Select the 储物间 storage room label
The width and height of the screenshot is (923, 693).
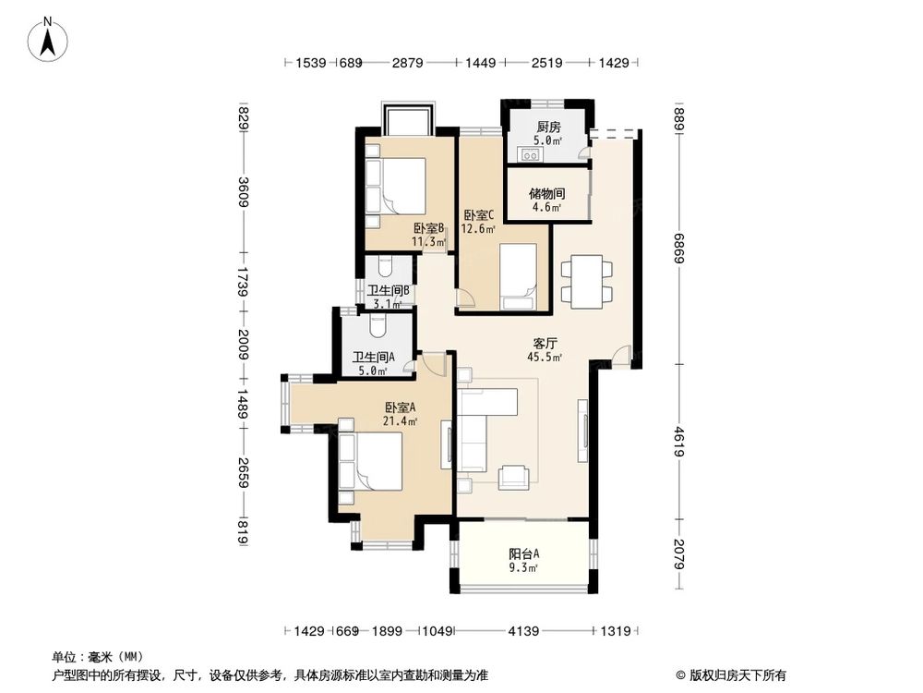[x=547, y=201]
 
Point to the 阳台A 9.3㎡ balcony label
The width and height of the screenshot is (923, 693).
[x=523, y=560]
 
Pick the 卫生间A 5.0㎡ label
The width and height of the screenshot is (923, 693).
[x=374, y=363]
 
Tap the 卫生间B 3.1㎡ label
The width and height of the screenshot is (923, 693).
[x=388, y=297]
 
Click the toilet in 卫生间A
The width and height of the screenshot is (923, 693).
[x=377, y=325]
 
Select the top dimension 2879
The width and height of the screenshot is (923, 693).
[x=407, y=63]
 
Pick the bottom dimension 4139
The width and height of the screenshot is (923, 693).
[x=522, y=631]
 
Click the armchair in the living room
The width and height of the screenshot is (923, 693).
[x=514, y=476]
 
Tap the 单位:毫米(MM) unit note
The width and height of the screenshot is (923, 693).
[x=89, y=657]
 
